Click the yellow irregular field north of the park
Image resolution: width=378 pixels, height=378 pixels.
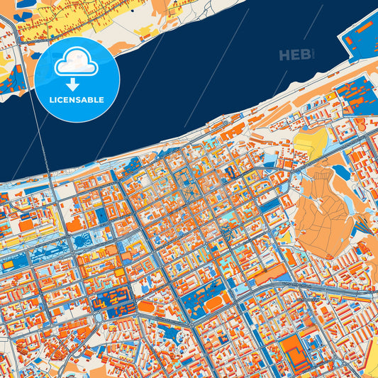tap(310, 144)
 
